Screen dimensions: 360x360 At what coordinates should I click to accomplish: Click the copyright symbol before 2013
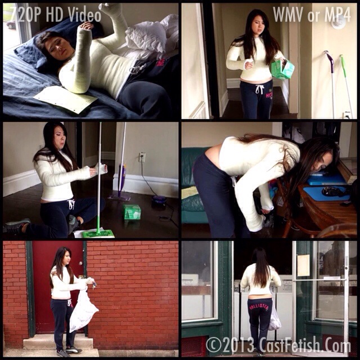click(214, 345)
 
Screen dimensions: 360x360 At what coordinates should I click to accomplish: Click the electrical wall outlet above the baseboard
click(142, 157)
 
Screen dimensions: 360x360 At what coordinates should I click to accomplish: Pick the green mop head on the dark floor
click(98, 234)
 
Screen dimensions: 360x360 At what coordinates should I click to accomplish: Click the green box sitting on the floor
click(132, 212)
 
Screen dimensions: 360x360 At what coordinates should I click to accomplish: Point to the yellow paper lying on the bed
click(65, 99)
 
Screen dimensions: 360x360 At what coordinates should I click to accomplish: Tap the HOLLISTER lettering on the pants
click(259, 307)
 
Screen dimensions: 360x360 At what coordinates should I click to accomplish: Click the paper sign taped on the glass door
click(303, 265)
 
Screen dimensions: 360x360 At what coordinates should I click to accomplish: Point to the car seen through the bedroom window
click(11, 24)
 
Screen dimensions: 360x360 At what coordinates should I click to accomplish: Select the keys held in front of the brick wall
click(94, 285)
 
